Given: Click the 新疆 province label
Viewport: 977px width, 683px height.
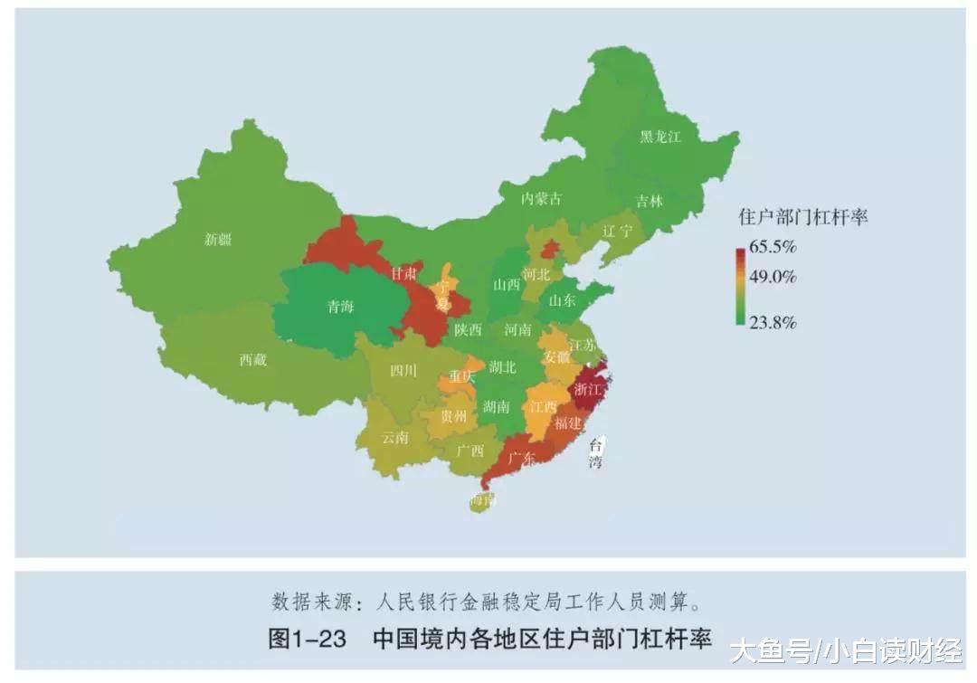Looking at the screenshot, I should pyautogui.click(x=218, y=240).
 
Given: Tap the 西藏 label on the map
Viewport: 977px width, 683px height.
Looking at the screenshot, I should pyautogui.click(x=253, y=360).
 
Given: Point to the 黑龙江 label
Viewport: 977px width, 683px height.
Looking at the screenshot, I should pyautogui.click(x=659, y=137).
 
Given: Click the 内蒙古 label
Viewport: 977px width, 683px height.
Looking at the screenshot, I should pyautogui.click(x=541, y=199).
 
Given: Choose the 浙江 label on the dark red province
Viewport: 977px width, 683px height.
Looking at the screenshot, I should pyautogui.click(x=588, y=390).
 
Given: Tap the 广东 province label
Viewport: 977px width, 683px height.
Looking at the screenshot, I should pyautogui.click(x=521, y=458).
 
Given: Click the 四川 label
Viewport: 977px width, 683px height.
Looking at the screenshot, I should pyautogui.click(x=403, y=370).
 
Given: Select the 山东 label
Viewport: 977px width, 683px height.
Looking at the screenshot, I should pyautogui.click(x=564, y=302).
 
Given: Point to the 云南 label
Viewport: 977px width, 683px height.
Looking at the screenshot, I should pyautogui.click(x=395, y=438).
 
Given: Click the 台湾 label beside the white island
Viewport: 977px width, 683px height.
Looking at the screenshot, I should pyautogui.click(x=596, y=453).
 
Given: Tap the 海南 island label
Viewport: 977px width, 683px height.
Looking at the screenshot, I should pyautogui.click(x=483, y=500).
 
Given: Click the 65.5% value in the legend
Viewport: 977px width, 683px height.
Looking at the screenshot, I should pyautogui.click(x=772, y=246).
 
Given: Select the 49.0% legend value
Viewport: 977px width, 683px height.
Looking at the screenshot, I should pyautogui.click(x=772, y=277).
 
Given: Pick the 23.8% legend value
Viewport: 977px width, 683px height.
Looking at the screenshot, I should pyautogui.click(x=772, y=323).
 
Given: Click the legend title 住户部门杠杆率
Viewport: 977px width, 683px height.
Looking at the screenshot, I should pyautogui.click(x=802, y=217).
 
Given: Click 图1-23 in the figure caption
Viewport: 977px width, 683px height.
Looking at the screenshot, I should pyautogui.click(x=308, y=640).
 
